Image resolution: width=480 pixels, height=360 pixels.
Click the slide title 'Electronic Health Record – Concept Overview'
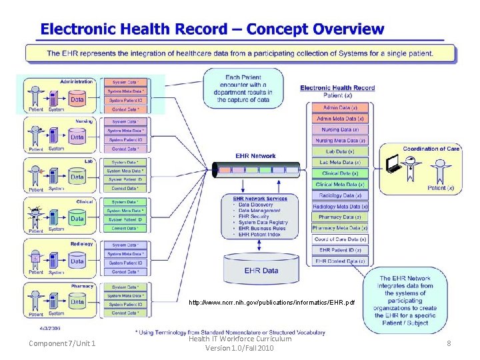[212, 29]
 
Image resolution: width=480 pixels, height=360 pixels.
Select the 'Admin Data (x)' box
[340, 107]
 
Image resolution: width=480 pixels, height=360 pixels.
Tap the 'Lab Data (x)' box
[340, 151]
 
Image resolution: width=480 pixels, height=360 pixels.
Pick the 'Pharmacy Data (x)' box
[340, 217]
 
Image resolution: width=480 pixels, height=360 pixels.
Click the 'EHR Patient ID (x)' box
[340, 250]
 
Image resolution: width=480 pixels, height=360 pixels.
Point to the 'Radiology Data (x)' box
[340, 195]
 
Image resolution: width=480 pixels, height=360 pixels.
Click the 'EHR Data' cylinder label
[261, 271]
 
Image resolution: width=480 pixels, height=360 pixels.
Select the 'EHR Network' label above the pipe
[255, 156]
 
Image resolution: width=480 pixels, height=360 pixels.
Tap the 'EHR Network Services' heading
[260, 199]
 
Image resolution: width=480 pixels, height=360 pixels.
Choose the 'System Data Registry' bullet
[264, 223]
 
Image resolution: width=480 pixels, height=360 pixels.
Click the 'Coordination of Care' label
[431, 149]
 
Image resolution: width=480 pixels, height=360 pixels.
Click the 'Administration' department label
[76, 81]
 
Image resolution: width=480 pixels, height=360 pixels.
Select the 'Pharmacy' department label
[82, 286]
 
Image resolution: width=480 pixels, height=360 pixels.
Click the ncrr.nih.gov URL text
[272, 303]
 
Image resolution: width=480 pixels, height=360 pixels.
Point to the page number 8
[449, 343]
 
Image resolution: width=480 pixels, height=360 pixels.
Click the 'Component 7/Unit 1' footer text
[63, 343]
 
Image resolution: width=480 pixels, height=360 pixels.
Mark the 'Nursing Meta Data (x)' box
[340, 141]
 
